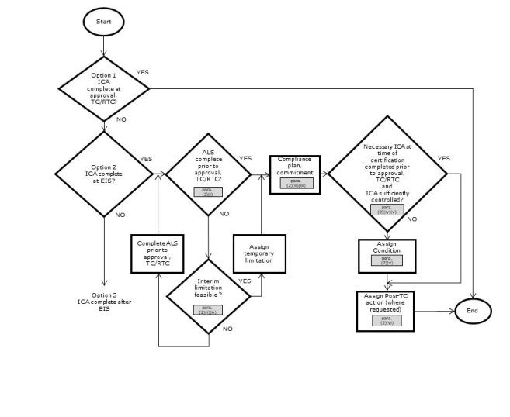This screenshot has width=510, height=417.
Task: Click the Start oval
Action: pos(103,22)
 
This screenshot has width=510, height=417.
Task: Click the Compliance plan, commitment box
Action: pos(294,174)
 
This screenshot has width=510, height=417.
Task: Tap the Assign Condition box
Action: pos(387,255)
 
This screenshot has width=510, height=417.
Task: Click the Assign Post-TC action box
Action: pos(387,310)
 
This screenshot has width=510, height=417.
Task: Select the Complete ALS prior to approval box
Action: pos(158,253)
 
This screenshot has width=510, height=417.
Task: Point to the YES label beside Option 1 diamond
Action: pos(143,72)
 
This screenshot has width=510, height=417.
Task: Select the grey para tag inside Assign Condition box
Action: pos(387,260)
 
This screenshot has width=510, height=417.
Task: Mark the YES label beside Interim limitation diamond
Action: pos(245,281)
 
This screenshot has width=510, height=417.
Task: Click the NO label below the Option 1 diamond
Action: pos(121,119)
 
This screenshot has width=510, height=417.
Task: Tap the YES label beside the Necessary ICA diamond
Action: pos(444,158)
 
